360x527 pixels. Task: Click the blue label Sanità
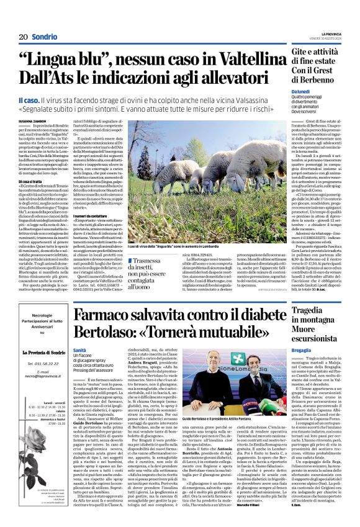point(79,350)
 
